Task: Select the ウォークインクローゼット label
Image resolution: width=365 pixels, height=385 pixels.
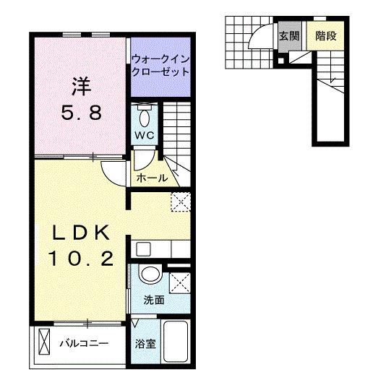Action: tap(160, 66)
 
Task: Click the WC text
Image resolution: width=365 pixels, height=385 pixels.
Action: tap(142, 134)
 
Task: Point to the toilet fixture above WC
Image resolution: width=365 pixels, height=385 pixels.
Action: tap(142, 116)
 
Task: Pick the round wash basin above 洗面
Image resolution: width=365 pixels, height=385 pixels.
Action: tap(150, 275)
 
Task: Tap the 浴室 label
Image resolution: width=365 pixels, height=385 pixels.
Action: tap(145, 345)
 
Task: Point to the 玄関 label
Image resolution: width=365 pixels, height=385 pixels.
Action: tap(288, 35)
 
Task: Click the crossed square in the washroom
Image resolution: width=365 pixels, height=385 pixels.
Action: tap(180, 282)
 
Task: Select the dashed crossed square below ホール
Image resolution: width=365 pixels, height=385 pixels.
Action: tap(179, 202)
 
